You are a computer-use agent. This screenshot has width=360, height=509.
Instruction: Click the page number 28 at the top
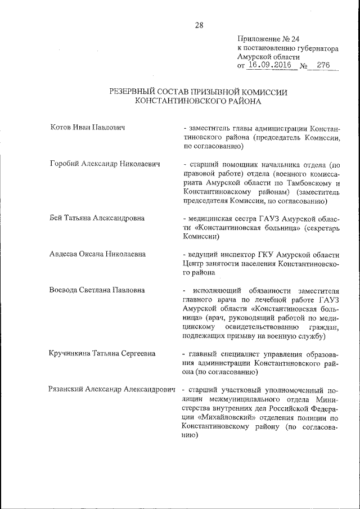[x=199, y=25]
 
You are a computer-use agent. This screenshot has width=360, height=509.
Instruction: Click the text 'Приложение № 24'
[x=268, y=39]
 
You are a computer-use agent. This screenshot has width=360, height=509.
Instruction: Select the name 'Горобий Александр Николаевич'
[x=105, y=164]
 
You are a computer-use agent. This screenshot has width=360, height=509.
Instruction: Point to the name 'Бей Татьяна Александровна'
[x=97, y=218]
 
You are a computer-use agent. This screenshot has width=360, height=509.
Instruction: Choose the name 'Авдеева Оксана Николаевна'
[x=98, y=254]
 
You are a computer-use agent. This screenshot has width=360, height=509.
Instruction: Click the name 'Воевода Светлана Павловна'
[x=97, y=290]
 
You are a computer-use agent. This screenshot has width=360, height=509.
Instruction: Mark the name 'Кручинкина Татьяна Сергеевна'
[x=103, y=354]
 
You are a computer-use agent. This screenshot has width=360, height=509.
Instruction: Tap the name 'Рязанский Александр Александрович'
[x=112, y=390]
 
